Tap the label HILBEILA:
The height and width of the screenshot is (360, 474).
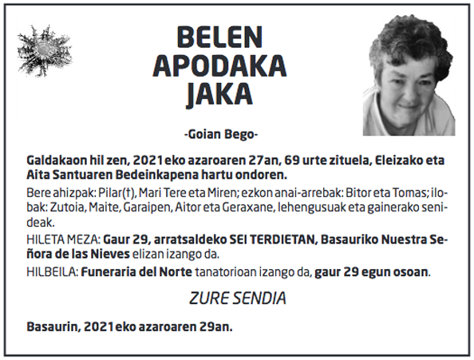coord(50,271)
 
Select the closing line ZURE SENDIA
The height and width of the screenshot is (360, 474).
coord(237,299)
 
